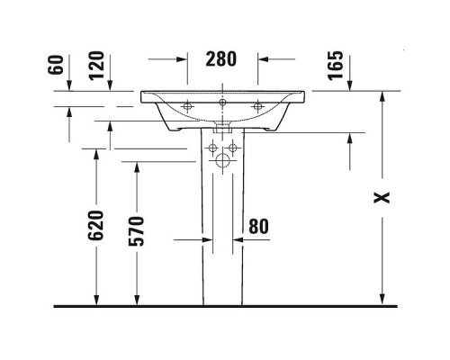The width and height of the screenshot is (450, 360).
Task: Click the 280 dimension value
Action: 221,59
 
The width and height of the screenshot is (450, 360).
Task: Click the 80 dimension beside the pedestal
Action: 258,226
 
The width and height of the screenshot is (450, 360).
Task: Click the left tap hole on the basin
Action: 189,107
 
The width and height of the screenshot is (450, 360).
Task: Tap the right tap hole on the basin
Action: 257,107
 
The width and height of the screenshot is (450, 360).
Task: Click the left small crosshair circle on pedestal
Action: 211,148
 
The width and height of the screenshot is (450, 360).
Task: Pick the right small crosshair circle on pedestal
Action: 233,148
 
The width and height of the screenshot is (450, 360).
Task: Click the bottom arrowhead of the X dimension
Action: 382,301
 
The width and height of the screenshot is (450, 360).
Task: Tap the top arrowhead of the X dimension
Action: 382,95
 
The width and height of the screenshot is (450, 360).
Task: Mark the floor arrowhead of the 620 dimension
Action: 96,301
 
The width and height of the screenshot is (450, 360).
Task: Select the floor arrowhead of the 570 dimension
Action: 137,301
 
